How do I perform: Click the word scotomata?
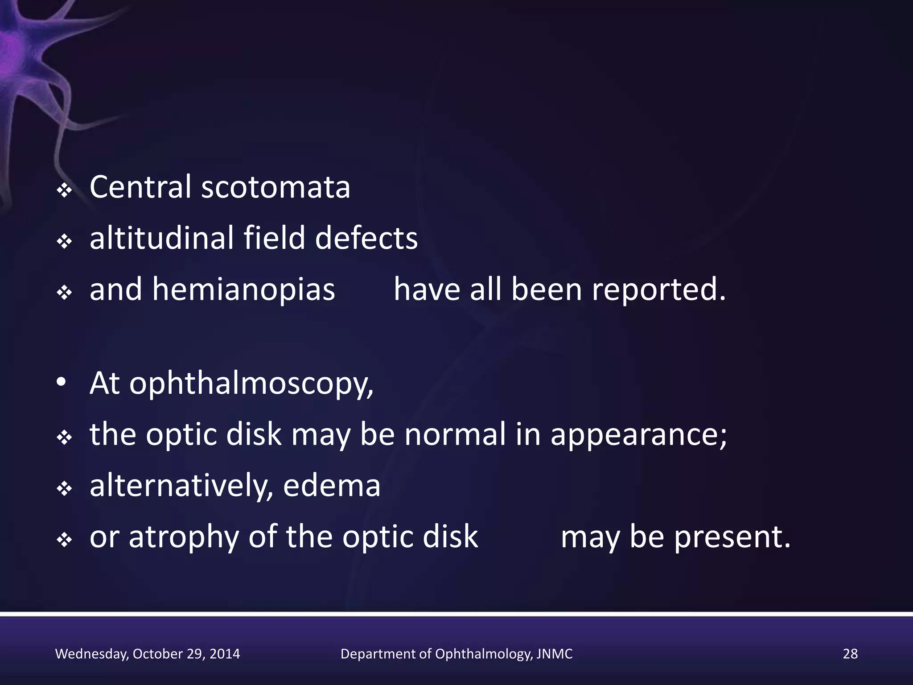pos(276,187)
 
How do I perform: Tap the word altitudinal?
pos(161,238)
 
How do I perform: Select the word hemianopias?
pos(243,290)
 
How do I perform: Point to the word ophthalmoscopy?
pos(251,384)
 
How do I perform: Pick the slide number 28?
pos(850,654)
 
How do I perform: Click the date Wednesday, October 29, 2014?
pos(148,654)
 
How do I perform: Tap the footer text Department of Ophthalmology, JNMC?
pos(456,654)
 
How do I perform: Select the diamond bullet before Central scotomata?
pos(65,191)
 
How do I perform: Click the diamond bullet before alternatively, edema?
pos(65,490)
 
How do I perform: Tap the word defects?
pos(366,238)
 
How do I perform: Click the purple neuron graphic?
pos(27,58)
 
